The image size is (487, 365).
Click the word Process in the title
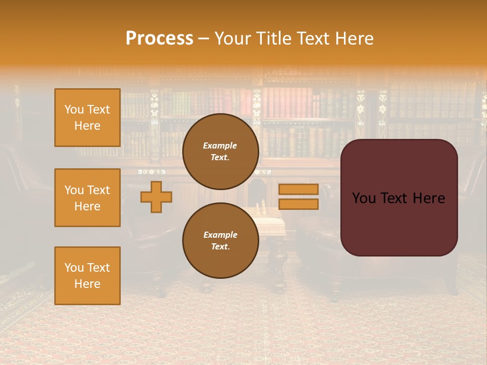click(159, 39)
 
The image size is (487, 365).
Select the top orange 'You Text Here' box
click(87, 118)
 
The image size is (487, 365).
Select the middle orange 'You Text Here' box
click(87, 198)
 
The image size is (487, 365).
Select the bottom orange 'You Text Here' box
click(87, 276)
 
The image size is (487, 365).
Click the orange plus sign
click(156, 197)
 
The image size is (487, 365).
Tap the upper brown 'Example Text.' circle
click(220, 151)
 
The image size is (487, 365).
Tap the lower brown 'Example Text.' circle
click(220, 240)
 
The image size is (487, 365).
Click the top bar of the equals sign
click(298, 189)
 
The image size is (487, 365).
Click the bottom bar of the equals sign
click(298, 204)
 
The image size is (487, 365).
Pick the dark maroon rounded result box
click(399, 223)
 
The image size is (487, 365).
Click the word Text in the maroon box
click(399, 198)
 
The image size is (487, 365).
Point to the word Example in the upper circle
click(220, 145)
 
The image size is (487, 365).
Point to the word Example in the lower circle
click(220, 235)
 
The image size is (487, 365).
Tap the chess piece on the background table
click(263, 207)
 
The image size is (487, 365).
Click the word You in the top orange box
click(74, 109)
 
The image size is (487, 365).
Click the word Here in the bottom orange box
click(87, 284)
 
